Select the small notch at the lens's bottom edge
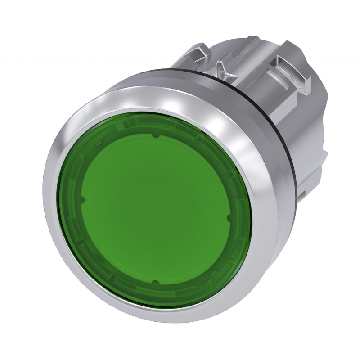coord(154,282)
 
